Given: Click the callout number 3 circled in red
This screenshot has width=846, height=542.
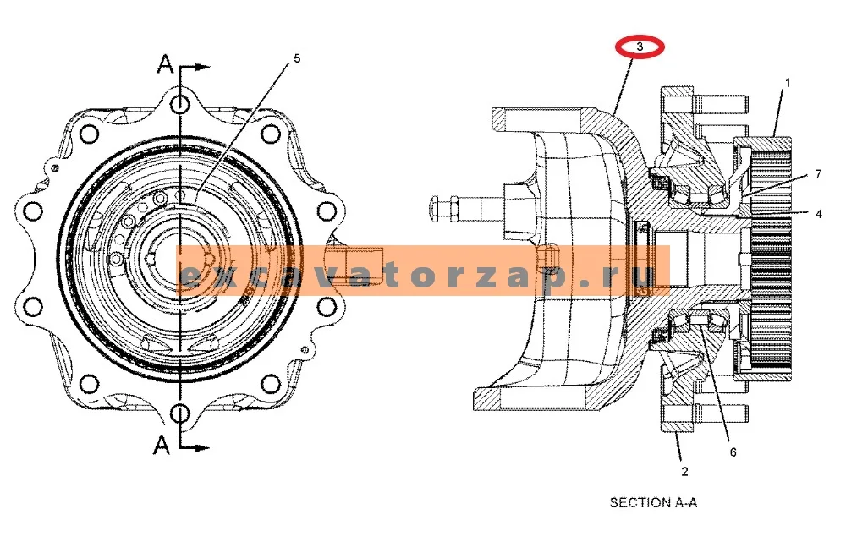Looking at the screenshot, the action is tap(640, 47).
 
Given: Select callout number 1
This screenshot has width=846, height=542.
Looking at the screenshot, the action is tap(788, 83).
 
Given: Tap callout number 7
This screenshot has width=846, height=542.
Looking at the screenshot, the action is tap(818, 173).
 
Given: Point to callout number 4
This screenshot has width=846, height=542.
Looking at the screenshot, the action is tap(818, 214).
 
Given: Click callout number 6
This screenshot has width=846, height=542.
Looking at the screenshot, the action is tap(733, 452).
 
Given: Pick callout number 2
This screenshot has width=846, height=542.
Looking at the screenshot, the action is tap(684, 471).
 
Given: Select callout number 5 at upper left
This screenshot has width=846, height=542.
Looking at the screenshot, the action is tap(297, 58).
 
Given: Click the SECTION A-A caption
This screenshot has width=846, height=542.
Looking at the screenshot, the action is tap(653, 502).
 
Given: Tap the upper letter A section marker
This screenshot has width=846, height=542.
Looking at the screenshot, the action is tap(165, 65).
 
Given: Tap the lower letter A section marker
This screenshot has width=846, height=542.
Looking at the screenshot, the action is tap(162, 446).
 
